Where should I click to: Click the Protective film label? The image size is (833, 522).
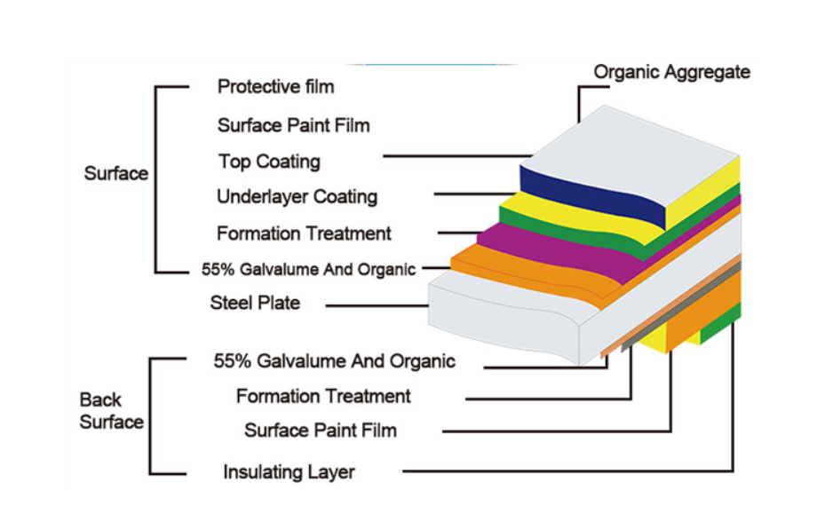point(275,87)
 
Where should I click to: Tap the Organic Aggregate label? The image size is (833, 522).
point(671,73)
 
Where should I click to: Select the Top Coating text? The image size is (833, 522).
point(269,162)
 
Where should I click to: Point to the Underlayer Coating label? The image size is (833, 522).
point(297,197)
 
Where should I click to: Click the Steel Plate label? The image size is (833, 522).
point(255,304)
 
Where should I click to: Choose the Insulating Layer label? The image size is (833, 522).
point(289,472)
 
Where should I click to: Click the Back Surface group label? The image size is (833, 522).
point(111,411)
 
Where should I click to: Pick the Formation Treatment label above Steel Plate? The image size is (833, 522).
point(304,234)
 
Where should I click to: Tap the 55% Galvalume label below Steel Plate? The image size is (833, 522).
point(334,361)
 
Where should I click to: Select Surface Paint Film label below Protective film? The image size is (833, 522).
point(293,125)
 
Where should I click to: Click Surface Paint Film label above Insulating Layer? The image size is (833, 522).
point(321,431)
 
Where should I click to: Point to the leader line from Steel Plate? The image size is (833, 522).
point(377,305)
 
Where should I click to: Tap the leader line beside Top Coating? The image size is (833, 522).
point(453,157)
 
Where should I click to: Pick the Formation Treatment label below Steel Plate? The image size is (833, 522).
point(323,396)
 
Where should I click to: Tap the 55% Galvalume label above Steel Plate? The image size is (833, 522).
point(308,269)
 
